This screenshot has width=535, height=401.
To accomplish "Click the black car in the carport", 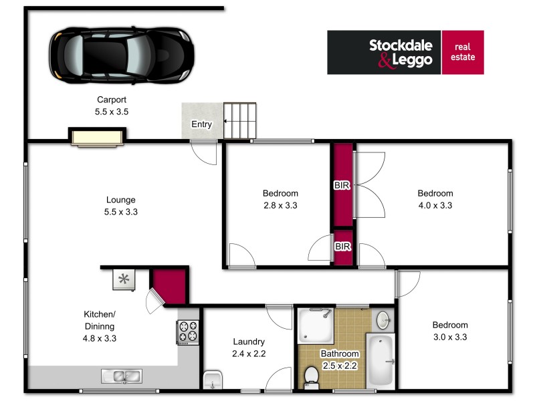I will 120,54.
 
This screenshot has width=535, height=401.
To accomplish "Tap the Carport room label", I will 112,100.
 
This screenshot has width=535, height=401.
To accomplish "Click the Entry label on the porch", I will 201,124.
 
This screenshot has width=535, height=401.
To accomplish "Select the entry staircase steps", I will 240,120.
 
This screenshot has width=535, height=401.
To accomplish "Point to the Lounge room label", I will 121,199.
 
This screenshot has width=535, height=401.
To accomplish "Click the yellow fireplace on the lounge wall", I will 97,137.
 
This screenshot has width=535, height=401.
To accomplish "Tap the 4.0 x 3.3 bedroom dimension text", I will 435,206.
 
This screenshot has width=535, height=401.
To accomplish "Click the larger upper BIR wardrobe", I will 343,184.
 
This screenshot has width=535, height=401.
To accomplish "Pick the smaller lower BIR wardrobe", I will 343,247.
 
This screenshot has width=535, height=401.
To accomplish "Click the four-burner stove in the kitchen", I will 187,331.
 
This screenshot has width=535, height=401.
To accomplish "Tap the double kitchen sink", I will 121,376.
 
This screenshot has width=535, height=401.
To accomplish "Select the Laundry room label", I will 249,342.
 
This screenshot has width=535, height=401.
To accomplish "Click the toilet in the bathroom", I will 311,376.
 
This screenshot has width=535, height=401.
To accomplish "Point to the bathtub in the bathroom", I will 382,360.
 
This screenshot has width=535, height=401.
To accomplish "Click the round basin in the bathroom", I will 383,319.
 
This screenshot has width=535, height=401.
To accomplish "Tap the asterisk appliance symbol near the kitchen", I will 123,279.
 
